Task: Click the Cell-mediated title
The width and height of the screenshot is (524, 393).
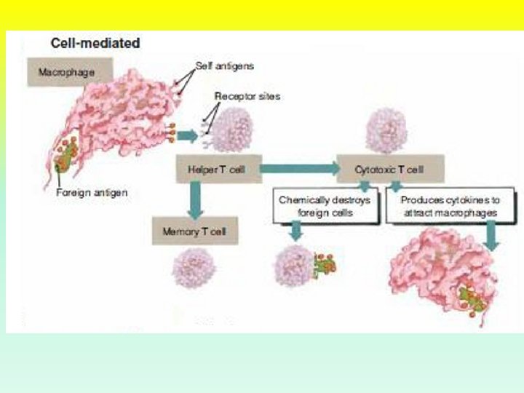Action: point(95,44)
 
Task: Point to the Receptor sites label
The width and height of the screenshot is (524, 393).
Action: point(247,96)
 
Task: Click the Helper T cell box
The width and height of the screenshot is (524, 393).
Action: point(217,170)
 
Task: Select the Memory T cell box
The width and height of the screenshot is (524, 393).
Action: point(194,231)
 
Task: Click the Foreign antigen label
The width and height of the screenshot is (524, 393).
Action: point(92,193)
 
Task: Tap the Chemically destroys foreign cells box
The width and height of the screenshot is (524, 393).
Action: point(324,206)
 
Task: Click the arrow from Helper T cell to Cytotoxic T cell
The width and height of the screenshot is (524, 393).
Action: point(298,170)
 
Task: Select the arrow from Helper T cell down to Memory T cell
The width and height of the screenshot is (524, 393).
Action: point(194,200)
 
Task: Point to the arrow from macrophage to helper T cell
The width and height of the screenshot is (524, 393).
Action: point(187,135)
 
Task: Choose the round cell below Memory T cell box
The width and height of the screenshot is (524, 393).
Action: point(193,269)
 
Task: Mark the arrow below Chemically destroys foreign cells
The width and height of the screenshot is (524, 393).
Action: point(295,231)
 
